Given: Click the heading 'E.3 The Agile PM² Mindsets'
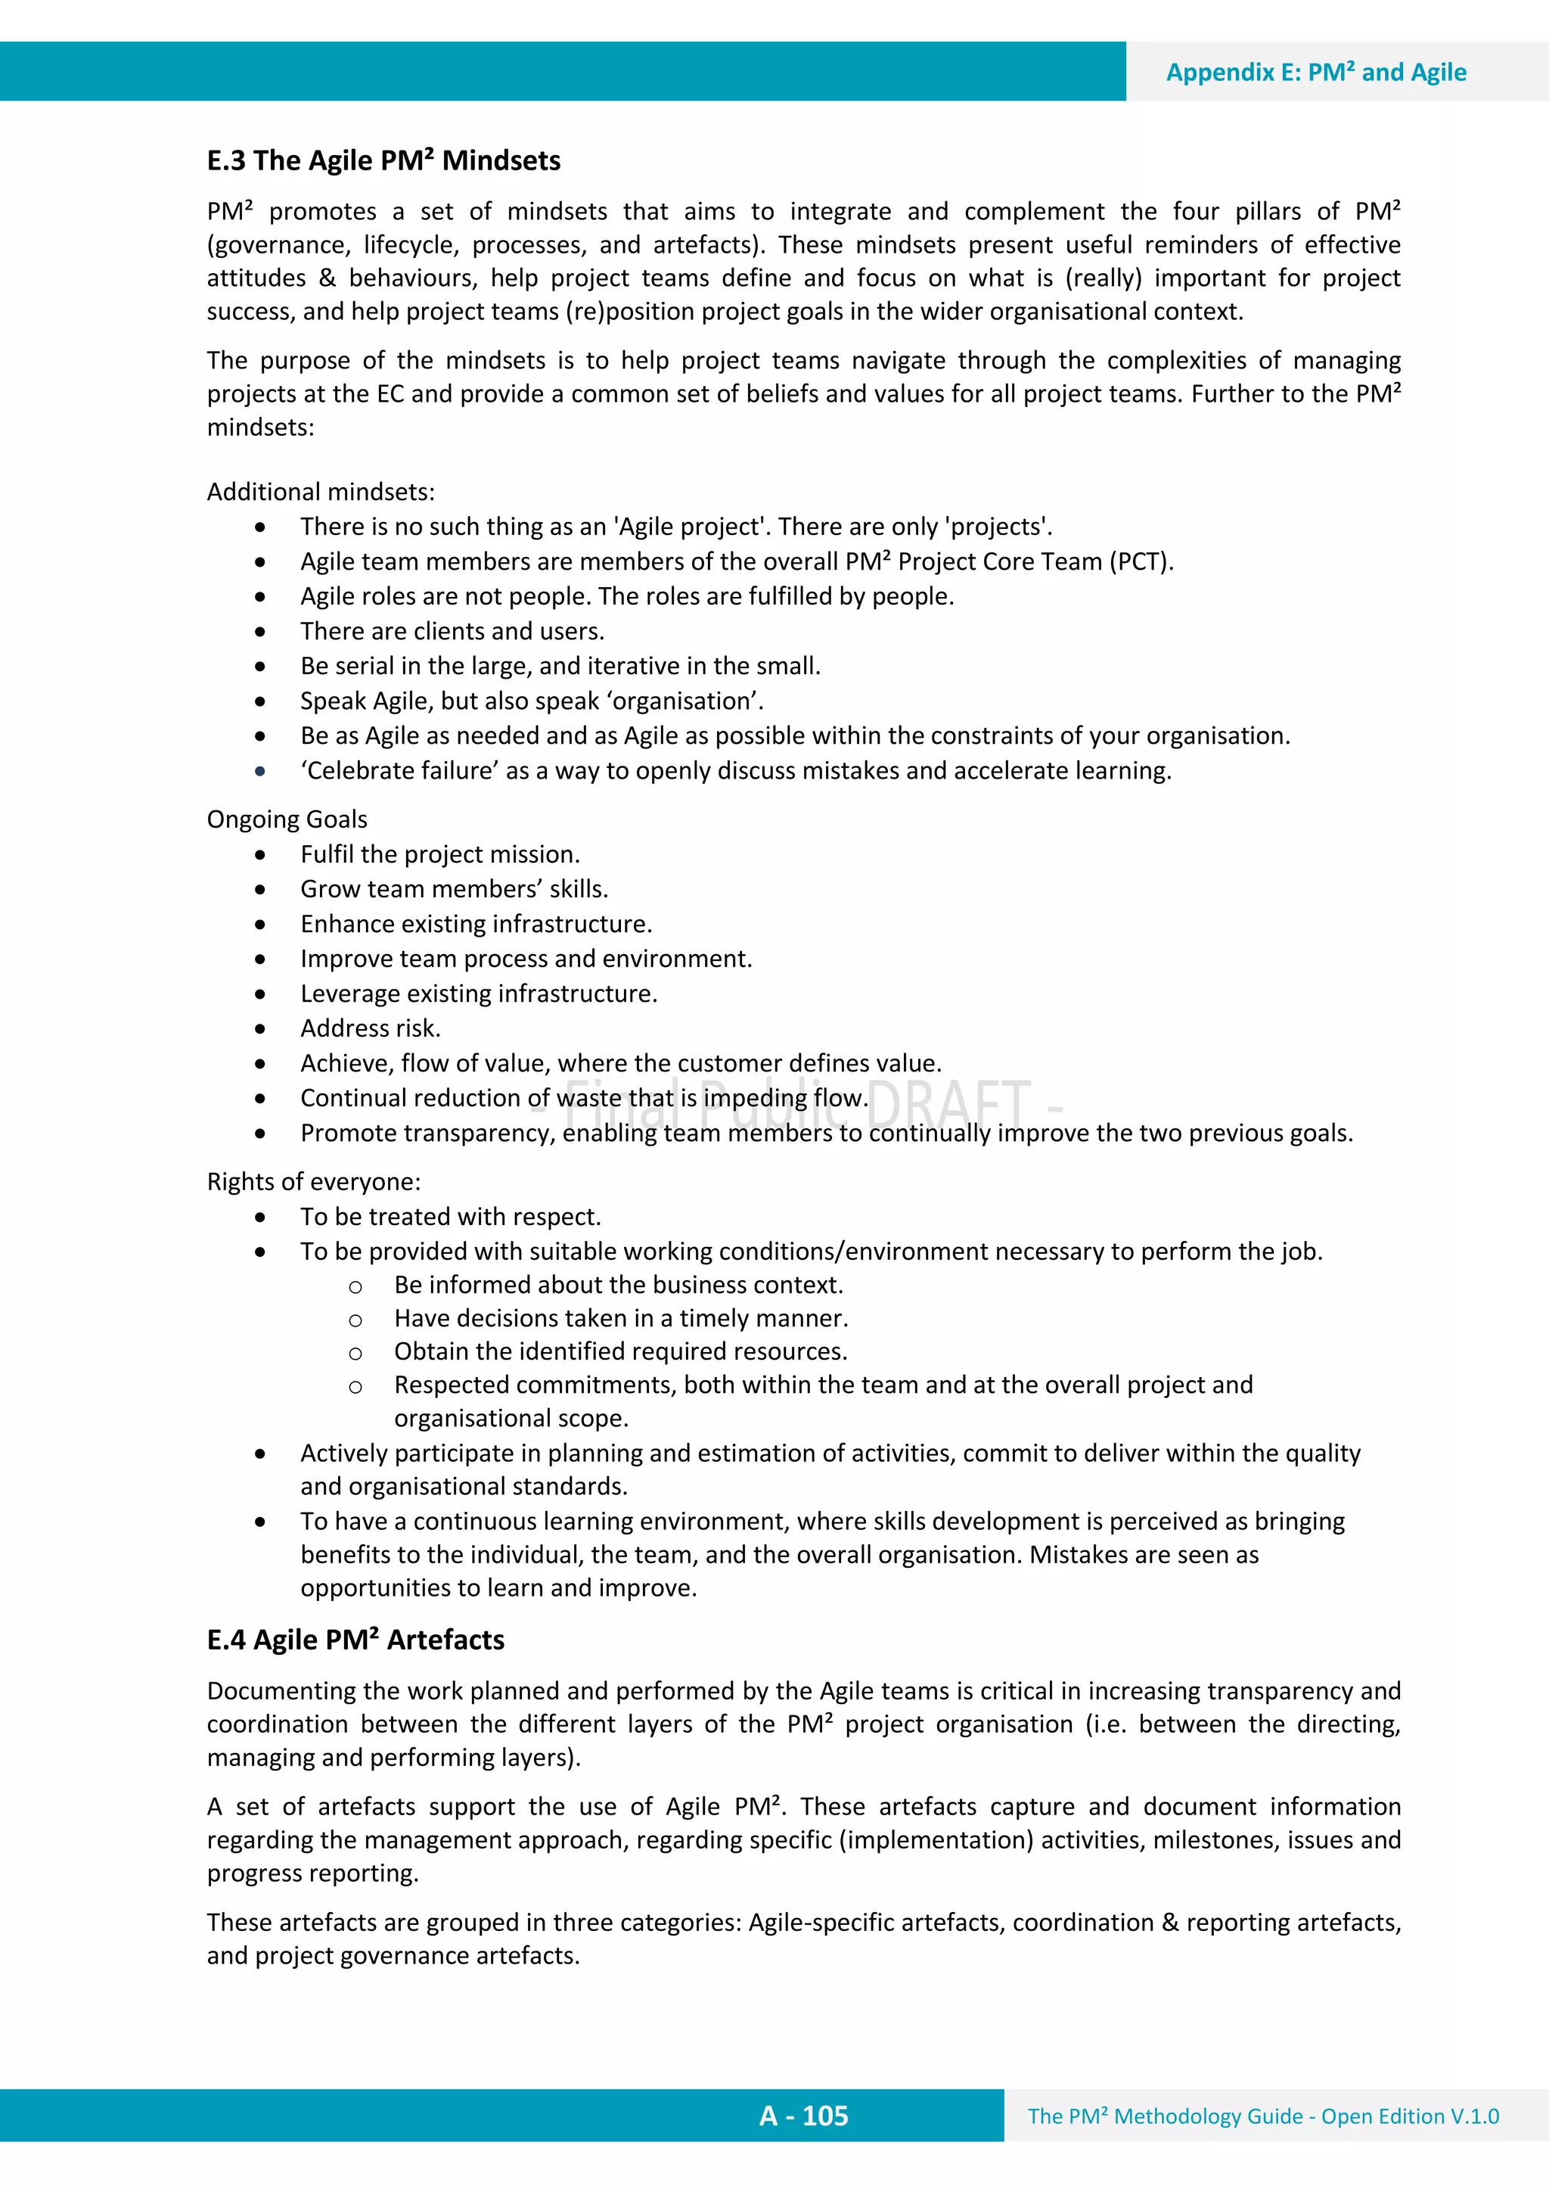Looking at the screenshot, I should pyautogui.click(x=383, y=160).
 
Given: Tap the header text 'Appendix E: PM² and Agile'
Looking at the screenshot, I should pyautogui.click(x=1315, y=73).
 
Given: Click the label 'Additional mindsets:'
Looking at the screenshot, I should pyautogui.click(x=321, y=492).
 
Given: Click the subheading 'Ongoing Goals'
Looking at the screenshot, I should pyautogui.click(x=287, y=819).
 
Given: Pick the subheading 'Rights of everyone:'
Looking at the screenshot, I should pyautogui.click(x=313, y=1182).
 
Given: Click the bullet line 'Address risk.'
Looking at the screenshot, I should pyautogui.click(x=371, y=1028).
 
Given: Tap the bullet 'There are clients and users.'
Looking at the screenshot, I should pyautogui.click(x=452, y=631).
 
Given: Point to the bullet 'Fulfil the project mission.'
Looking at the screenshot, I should pyautogui.click(x=440, y=854).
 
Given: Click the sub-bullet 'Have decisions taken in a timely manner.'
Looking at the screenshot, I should pyautogui.click(x=620, y=1318).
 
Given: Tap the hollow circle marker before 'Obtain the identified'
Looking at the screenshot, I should pyautogui.click(x=355, y=1354).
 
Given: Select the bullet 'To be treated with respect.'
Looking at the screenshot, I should pyautogui.click(x=451, y=1216).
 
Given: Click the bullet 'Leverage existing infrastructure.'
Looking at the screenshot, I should pyautogui.click(x=478, y=993).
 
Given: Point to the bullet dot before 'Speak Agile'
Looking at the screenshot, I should pyautogui.click(x=260, y=701).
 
